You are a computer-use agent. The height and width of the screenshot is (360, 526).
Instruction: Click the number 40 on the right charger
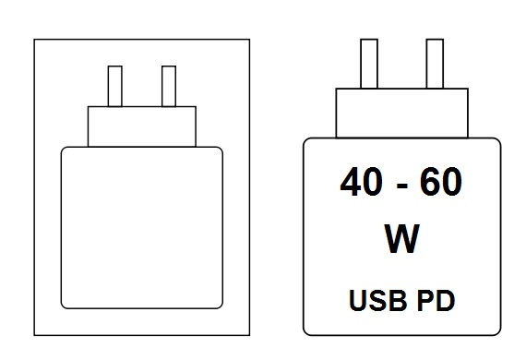(361, 182)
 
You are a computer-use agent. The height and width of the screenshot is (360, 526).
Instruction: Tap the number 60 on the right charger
(440, 182)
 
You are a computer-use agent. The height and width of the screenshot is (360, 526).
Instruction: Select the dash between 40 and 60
(401, 186)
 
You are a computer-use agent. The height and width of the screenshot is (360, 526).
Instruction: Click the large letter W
(401, 238)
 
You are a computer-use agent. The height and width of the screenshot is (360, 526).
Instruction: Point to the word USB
(378, 300)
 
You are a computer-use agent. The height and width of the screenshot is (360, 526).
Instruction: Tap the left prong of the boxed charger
(115, 86)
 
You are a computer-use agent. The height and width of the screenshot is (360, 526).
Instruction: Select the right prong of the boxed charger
(169, 86)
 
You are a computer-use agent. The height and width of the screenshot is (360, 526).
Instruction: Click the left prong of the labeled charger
(369, 64)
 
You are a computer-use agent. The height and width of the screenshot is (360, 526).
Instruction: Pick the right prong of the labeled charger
(435, 64)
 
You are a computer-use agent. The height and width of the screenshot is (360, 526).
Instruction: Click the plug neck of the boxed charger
(142, 126)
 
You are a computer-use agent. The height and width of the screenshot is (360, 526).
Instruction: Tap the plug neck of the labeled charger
(401, 113)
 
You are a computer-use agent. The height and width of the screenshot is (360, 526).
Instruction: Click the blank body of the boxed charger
(142, 227)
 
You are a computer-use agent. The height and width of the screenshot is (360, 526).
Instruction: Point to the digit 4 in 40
(351, 182)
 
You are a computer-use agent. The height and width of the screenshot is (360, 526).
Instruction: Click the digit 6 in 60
(430, 182)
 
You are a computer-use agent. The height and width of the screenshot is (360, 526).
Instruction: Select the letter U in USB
(358, 301)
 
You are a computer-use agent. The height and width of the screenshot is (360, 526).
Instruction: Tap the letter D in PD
(446, 300)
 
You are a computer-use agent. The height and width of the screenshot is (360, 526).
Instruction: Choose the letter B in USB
(399, 300)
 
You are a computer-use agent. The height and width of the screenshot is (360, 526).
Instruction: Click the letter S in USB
(377, 300)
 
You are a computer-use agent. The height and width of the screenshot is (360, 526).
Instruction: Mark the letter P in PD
(425, 300)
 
